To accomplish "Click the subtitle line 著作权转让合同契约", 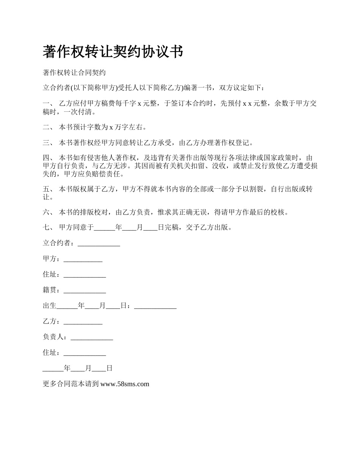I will (x=74, y=72).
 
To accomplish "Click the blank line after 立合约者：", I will (x=99, y=245).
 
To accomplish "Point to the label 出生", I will (x=50, y=306).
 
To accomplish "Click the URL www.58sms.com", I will (x=125, y=384).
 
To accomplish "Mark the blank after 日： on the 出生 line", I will (x=155, y=307).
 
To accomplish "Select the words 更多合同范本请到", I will (x=71, y=384).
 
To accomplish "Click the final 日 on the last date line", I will (x=109, y=368).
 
